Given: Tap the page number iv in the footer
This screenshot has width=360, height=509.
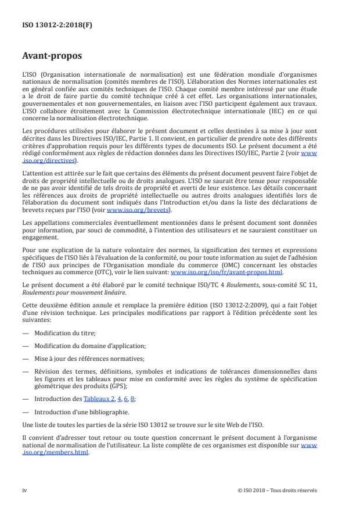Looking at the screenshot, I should tap(24, 490).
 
